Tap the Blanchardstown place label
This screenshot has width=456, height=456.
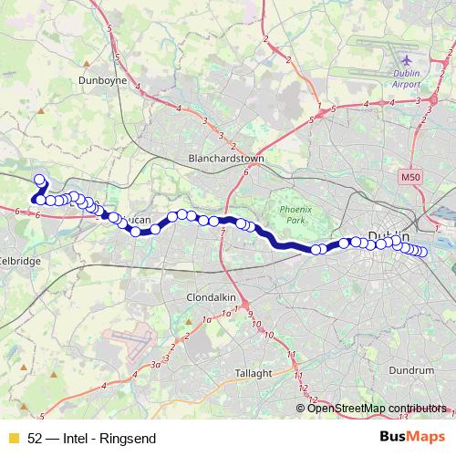click(225, 158)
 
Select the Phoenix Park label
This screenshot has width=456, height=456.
click(293, 214)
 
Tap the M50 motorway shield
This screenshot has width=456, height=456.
click(408, 172)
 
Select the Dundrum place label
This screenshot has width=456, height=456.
click(411, 370)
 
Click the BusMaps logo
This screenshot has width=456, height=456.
click(410, 437)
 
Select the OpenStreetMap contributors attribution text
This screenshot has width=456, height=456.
click(377, 409)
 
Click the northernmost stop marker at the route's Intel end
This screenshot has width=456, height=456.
click(39, 180)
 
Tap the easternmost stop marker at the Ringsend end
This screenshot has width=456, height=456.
click(422, 253)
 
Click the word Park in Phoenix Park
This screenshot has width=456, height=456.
click(293, 221)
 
